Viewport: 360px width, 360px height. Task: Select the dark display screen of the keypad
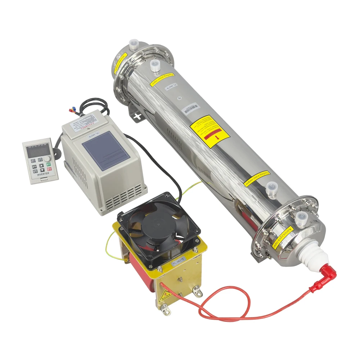click(x=35, y=152)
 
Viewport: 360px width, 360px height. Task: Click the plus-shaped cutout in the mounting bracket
click(x=137, y=116)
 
